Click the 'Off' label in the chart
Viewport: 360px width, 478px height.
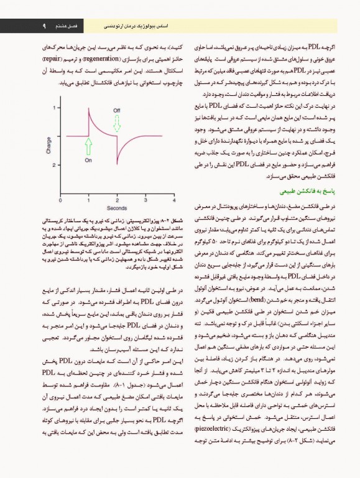(116, 110)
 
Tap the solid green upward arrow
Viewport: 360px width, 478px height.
(88, 146)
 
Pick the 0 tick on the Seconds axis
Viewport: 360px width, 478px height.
(60, 200)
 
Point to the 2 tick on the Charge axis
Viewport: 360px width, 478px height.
(57, 108)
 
